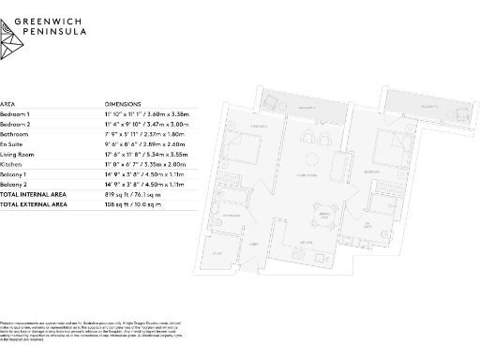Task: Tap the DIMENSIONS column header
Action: click(x=124, y=105)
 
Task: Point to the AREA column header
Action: click(x=7, y=105)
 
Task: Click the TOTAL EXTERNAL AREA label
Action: click(x=34, y=202)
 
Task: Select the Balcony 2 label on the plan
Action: click(x=428, y=109)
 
